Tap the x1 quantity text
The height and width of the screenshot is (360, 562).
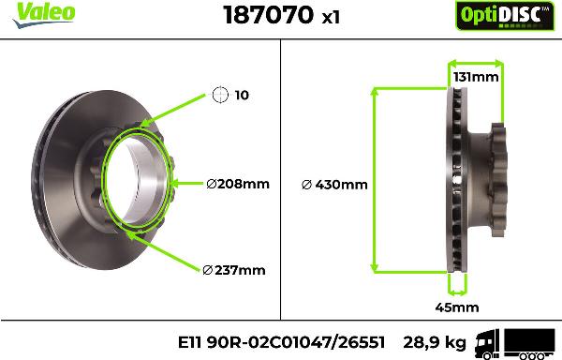point(329,17)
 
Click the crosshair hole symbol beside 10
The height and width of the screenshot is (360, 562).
point(220,95)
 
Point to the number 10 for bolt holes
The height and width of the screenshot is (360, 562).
point(242,96)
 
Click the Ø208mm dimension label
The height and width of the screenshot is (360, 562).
point(237,184)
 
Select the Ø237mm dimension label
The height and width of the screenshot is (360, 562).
point(233,270)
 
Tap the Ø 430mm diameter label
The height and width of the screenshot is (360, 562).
point(334,184)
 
